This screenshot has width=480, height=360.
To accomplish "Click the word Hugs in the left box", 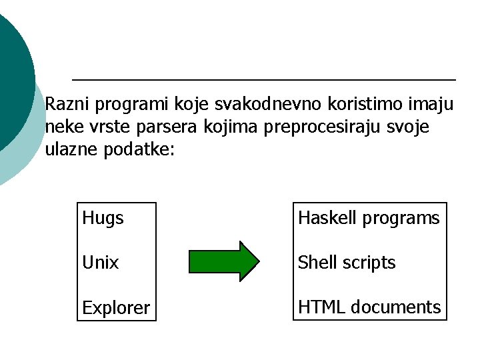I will tap(103, 219).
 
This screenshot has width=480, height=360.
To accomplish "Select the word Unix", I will tap(100, 263).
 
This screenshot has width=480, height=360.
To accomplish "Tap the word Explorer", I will tap(115, 308).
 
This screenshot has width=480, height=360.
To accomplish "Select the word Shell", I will tap(317, 263).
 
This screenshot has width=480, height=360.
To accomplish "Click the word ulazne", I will tap(72, 149).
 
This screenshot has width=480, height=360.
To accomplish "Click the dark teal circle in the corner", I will tap(10, 73).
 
